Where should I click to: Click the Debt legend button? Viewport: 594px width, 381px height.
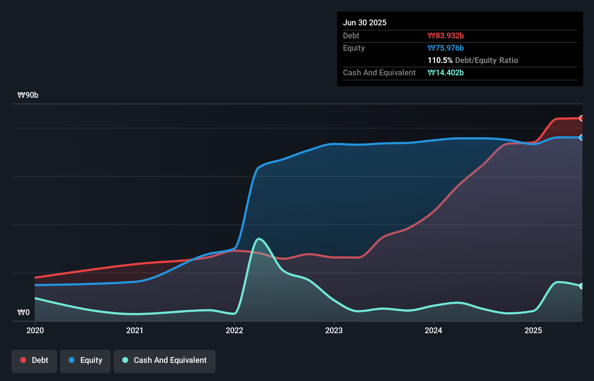coord(34,360)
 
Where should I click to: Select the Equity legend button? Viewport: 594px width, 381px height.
coord(85,360)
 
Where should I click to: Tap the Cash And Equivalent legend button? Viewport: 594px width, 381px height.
coord(165,360)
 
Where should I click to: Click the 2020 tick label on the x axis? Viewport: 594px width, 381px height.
coord(35,330)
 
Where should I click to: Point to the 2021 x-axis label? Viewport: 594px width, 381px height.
coord(135,330)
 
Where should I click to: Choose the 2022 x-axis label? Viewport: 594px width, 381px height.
coord(234,330)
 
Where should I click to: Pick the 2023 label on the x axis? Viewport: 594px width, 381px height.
coord(334,330)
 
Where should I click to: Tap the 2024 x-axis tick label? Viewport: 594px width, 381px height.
coord(433,330)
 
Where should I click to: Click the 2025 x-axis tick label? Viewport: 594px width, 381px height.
coord(533,330)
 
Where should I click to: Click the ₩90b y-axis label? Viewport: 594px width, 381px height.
coord(28,95)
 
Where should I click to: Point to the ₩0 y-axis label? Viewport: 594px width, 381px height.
coord(24,312)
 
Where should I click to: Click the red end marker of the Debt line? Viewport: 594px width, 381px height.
coord(582,118)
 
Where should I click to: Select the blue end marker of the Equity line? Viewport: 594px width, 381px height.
coord(582,138)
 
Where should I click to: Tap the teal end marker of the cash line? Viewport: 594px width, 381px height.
coord(582,286)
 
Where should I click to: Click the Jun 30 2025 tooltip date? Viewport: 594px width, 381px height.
coord(365,22)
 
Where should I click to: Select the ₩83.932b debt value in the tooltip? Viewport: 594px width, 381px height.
coord(446,35)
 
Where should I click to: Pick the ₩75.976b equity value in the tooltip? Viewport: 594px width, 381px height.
coord(446,48)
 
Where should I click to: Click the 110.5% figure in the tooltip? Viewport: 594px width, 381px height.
coord(440,60)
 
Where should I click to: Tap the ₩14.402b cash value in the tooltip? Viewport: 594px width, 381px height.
coord(446,72)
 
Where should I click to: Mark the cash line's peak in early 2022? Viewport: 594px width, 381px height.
coord(259,239)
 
